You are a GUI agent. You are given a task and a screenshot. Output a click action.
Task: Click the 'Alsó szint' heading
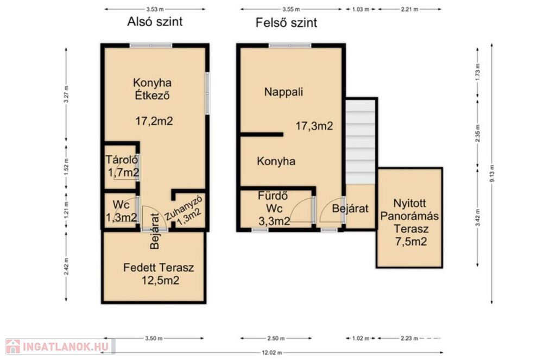(x=155, y=22)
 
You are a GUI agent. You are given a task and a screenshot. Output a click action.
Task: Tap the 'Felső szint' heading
(x=286, y=23)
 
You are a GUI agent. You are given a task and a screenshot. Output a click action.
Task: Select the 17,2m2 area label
(x=154, y=121)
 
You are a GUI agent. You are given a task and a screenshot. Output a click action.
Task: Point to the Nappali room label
(x=283, y=92)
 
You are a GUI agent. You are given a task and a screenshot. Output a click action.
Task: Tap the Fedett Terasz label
(x=159, y=268)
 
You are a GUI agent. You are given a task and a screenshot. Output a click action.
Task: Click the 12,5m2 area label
(x=160, y=281)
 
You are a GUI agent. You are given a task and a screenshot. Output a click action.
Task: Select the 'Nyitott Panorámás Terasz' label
(x=409, y=216)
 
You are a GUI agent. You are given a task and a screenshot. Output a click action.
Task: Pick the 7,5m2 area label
(x=411, y=242)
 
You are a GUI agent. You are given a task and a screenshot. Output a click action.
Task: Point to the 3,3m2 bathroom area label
(x=274, y=222)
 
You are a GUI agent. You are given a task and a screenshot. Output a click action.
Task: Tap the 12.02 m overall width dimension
(x=272, y=352)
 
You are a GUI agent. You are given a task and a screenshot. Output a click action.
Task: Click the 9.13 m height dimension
(x=491, y=174)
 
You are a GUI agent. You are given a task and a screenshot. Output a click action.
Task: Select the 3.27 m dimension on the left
(x=66, y=94)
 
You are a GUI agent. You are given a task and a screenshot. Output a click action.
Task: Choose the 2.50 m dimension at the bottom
(x=276, y=338)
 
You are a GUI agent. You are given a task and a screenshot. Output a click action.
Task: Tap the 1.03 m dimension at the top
(x=361, y=9)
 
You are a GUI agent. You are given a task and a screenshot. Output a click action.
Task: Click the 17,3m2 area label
(x=314, y=126)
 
